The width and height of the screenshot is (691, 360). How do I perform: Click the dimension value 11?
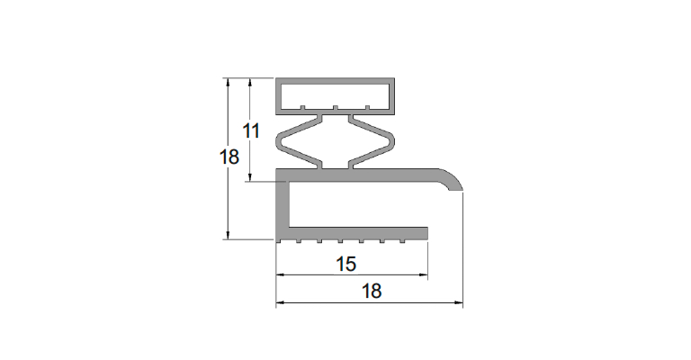click(252, 130)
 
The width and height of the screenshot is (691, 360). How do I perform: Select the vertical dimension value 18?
click(229, 157)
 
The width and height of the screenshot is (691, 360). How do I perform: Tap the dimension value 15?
click(345, 265)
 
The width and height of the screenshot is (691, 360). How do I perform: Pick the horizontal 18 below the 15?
click(372, 292)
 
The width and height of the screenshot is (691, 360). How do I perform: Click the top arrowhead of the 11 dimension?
click(250, 83)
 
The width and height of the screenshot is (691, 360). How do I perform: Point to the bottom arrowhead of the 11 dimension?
click(250, 177)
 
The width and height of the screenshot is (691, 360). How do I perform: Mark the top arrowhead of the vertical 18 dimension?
click(228, 83)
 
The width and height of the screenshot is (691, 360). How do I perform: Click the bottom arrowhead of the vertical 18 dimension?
click(228, 235)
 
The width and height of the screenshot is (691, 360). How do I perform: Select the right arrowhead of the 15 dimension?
click(424, 275)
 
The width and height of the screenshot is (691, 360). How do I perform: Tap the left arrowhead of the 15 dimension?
click(281, 275)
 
